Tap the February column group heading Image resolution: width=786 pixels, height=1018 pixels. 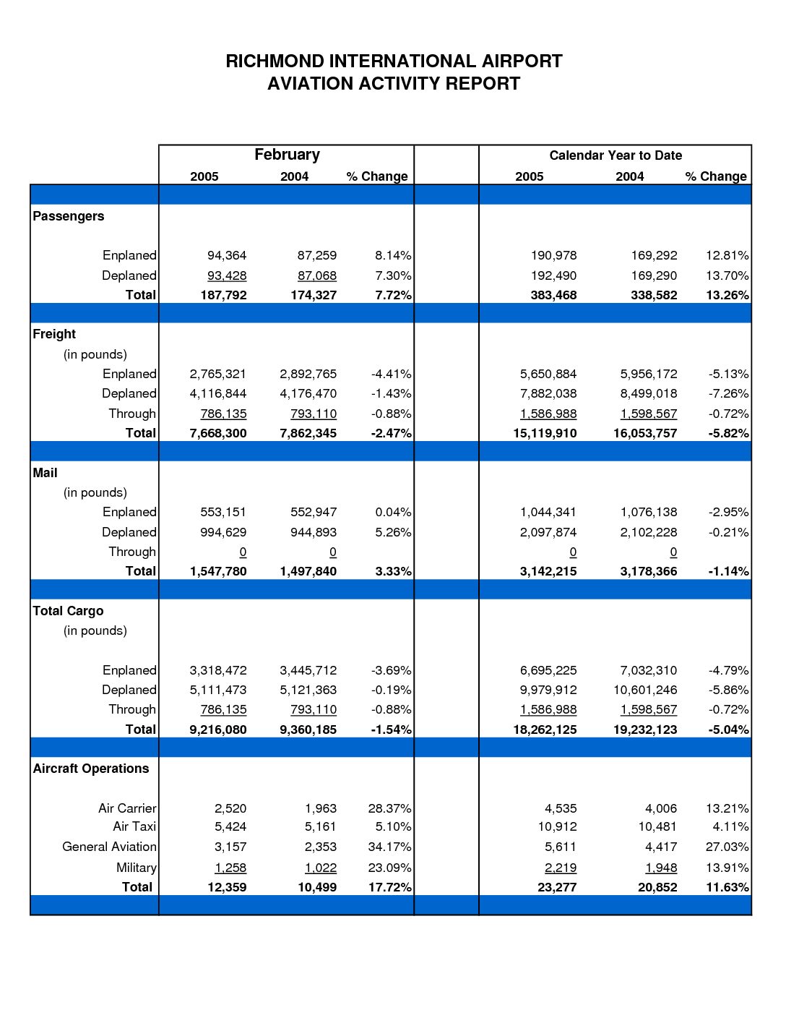pos(287,155)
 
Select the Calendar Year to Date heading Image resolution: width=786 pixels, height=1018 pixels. pos(615,155)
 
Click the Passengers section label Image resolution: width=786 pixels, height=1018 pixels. pos(69,216)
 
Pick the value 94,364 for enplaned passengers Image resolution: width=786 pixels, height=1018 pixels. pos(227,255)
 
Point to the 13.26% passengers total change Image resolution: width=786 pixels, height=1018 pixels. pos(727,295)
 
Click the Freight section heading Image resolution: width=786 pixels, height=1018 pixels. pos(54,334)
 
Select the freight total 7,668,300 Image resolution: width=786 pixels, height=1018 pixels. pos(217,433)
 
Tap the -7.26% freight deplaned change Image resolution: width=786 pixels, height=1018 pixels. pos(728,393)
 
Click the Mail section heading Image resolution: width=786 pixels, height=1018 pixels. pos(45,473)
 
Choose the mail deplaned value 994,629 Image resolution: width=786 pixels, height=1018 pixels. pos(223,532)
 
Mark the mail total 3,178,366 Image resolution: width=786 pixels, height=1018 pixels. pos(648,571)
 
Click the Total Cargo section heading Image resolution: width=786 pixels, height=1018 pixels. pos(68,611)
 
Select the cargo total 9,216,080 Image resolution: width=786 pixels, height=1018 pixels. pos(217,730)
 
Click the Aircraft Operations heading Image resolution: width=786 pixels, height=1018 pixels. pos(91,769)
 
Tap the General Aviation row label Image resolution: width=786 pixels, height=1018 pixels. pos(109,847)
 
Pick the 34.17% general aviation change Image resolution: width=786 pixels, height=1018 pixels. pos(389,847)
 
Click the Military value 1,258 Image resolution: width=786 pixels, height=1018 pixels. pos(230,868)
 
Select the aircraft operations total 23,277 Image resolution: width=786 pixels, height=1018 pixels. pos(556,887)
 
